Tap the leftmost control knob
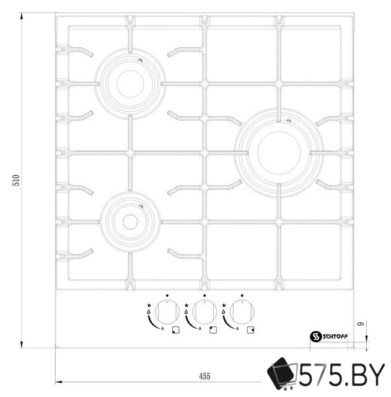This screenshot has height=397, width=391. click(164, 311)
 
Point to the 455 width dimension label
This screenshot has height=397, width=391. click(204, 376)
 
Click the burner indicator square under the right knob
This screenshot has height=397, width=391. click(250, 329)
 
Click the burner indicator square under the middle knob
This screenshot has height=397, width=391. click(213, 329)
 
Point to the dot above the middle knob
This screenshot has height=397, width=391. click(204, 296)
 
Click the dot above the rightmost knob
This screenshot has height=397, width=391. click(242, 296)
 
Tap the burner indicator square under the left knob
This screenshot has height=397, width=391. click(176, 329)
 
